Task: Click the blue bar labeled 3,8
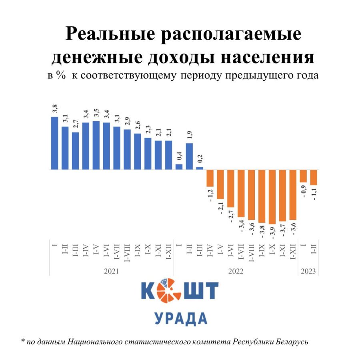point(55,143)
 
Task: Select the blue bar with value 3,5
point(96,145)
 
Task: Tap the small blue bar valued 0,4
point(179,167)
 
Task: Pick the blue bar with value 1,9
point(189,156)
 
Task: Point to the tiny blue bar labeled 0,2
point(200,168)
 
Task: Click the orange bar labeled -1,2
point(210,178)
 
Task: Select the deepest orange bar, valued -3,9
point(272,197)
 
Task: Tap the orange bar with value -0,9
point(303,176)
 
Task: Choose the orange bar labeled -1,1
point(314,177)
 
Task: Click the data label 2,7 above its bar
point(76,123)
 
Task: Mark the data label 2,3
point(148,129)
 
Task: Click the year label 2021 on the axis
point(112,271)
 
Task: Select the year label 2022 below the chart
point(236,271)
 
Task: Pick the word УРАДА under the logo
point(181,319)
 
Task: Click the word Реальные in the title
point(114,35)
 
